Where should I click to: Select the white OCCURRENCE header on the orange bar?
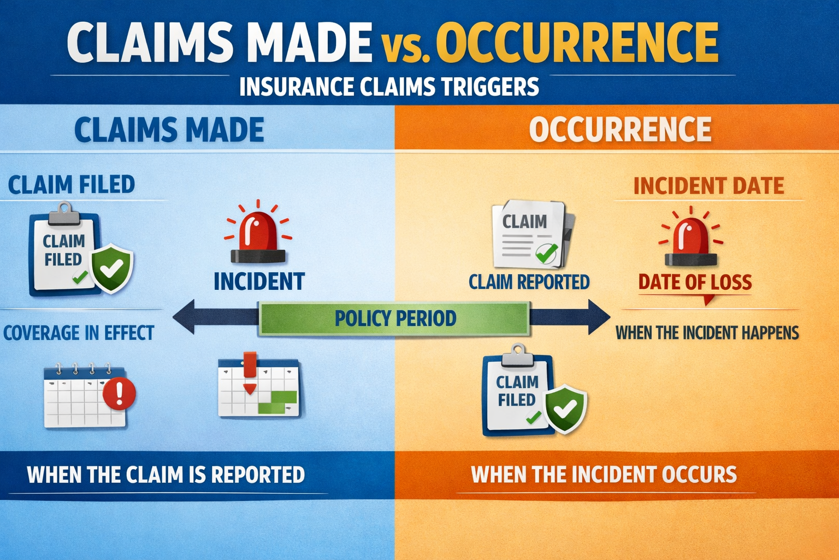click(621, 129)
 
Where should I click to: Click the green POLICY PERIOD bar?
click(394, 318)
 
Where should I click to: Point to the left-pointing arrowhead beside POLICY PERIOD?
click(184, 317)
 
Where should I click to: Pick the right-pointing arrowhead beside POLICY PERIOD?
click(599, 317)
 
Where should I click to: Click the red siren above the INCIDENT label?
click(258, 232)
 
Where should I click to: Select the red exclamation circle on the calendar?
click(119, 393)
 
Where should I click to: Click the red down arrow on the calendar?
click(250, 373)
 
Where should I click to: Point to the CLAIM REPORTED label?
click(529, 282)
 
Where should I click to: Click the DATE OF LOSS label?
click(695, 282)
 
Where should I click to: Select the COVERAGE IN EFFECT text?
click(79, 332)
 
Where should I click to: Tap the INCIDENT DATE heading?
click(708, 186)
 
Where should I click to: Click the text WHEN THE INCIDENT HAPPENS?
click(707, 332)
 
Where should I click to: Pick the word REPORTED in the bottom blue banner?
click(258, 475)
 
